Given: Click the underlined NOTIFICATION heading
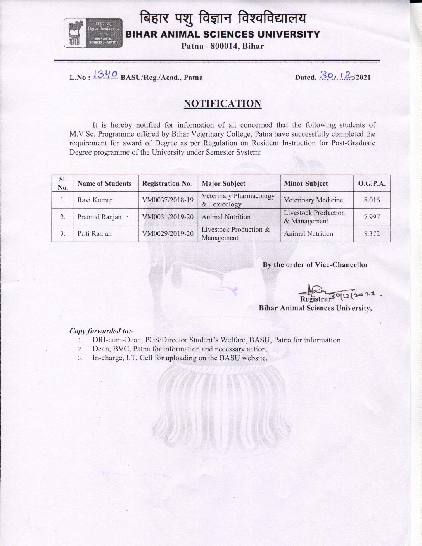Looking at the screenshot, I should point(223,104).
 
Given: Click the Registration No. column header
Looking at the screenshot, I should point(168,183).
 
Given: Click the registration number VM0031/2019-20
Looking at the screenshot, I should point(168,217).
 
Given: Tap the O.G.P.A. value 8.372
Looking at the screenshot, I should point(372,234).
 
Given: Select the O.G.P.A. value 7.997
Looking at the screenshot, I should point(372,217).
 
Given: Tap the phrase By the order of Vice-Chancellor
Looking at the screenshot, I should point(315,265).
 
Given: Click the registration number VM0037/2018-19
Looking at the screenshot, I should point(168,200).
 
